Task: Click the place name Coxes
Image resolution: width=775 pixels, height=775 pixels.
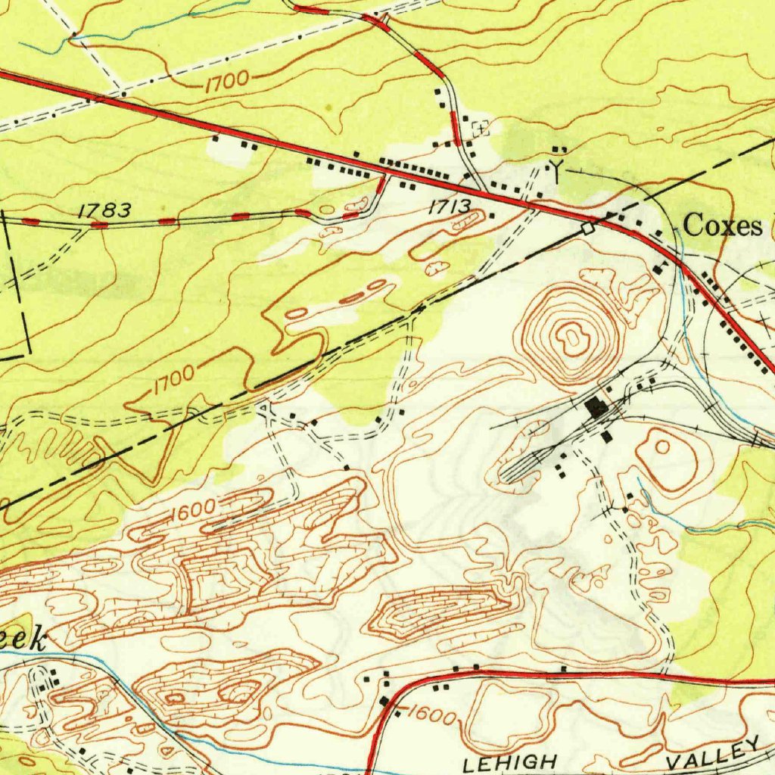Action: (x=723, y=226)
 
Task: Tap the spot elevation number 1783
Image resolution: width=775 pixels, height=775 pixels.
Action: (x=104, y=210)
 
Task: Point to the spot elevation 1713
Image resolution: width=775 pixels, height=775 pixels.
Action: (x=450, y=206)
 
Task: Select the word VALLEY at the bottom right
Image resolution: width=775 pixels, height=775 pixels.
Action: (x=711, y=754)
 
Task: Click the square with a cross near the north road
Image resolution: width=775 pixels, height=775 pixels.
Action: (x=480, y=129)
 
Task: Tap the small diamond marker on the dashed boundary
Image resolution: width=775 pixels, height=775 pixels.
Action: (x=587, y=227)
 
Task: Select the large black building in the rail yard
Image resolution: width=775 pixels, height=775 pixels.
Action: (x=598, y=408)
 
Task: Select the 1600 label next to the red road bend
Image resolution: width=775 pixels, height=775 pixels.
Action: (x=432, y=715)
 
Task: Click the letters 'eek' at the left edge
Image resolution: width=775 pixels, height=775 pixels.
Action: (x=23, y=640)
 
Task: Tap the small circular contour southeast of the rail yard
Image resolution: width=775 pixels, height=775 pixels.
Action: (x=661, y=447)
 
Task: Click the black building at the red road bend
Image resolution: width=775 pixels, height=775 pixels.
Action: (x=384, y=701)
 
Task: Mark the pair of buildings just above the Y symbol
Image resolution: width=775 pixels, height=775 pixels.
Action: (x=559, y=149)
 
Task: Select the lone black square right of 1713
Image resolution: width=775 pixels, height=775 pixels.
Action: (x=492, y=216)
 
